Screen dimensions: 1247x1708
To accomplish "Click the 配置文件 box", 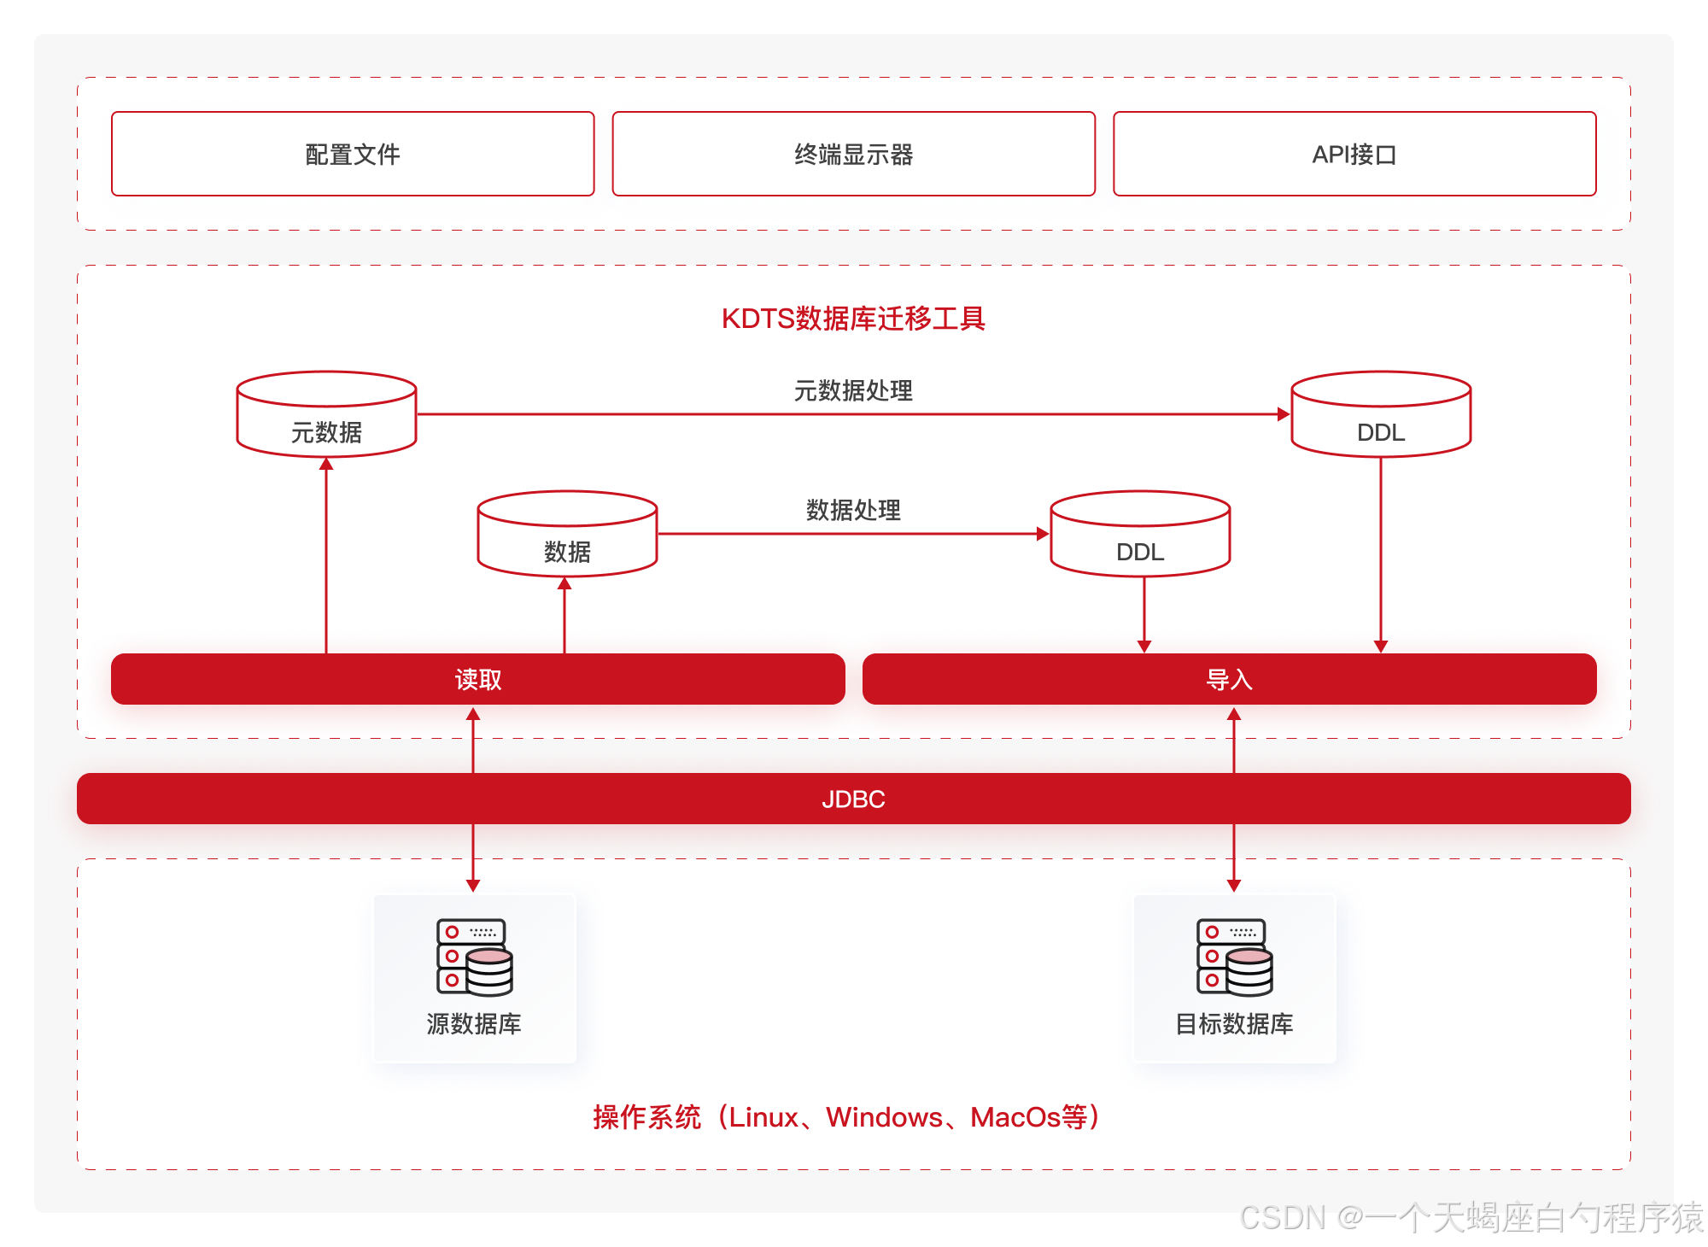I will pyautogui.click(x=353, y=154).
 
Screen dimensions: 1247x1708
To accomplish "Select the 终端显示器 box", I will pyautogui.click(x=853, y=154).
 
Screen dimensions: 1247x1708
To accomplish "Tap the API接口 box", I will pyautogui.click(x=1354, y=154).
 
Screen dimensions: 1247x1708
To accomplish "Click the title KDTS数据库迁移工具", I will pyautogui.click(x=853, y=319).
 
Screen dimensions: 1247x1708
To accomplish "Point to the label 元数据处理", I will pyautogui.click(x=853, y=390).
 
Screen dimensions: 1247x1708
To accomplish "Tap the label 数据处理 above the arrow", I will pyautogui.click(x=853, y=510).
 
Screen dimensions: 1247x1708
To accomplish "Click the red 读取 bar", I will pyautogui.click(x=477, y=680).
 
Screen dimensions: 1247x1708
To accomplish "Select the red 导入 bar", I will pyautogui.click(x=1229, y=680).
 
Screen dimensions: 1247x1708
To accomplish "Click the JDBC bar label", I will pyautogui.click(x=853, y=799).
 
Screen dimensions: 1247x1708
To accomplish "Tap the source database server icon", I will pyautogui.click(x=474, y=957).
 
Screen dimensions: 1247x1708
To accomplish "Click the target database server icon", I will pyautogui.click(x=1234, y=957).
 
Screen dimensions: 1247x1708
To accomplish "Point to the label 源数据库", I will pyautogui.click(x=474, y=1023).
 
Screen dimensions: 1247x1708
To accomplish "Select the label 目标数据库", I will pyautogui.click(x=1234, y=1023).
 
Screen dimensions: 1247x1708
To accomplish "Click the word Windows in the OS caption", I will pyautogui.click(x=884, y=1117).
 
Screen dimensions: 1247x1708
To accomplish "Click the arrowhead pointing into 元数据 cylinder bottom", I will pyautogui.click(x=326, y=465).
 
